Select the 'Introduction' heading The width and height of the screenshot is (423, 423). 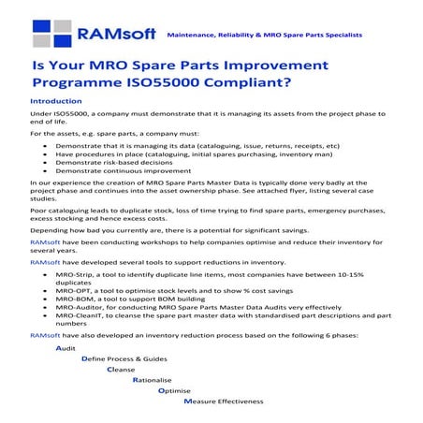(56, 100)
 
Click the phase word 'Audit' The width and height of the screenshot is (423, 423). (66, 348)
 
